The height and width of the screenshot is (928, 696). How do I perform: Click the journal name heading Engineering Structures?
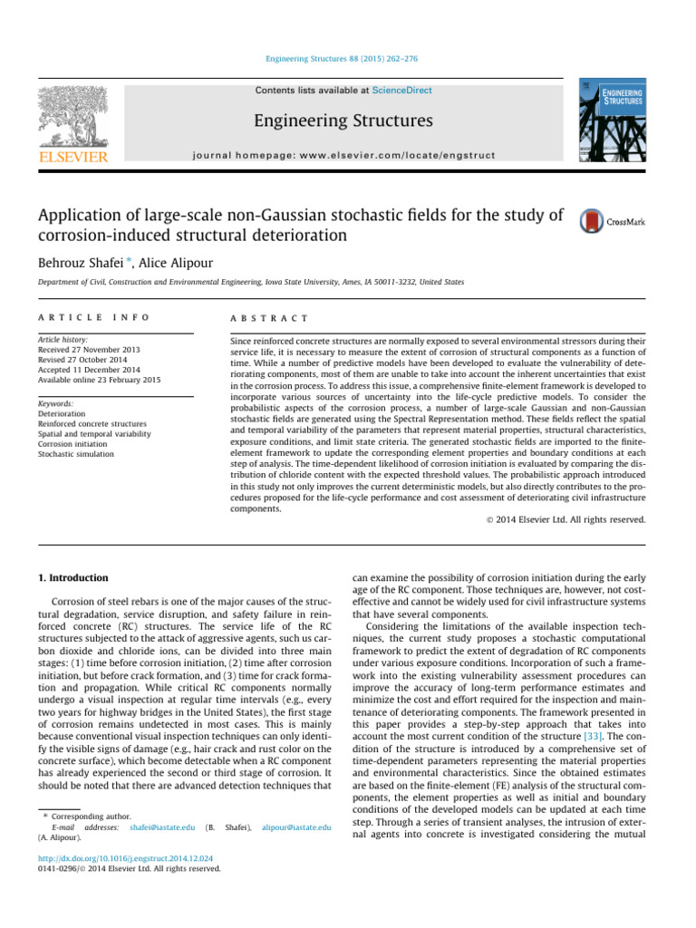coord(343,121)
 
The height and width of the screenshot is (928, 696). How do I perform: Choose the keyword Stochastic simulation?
coord(76,454)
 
